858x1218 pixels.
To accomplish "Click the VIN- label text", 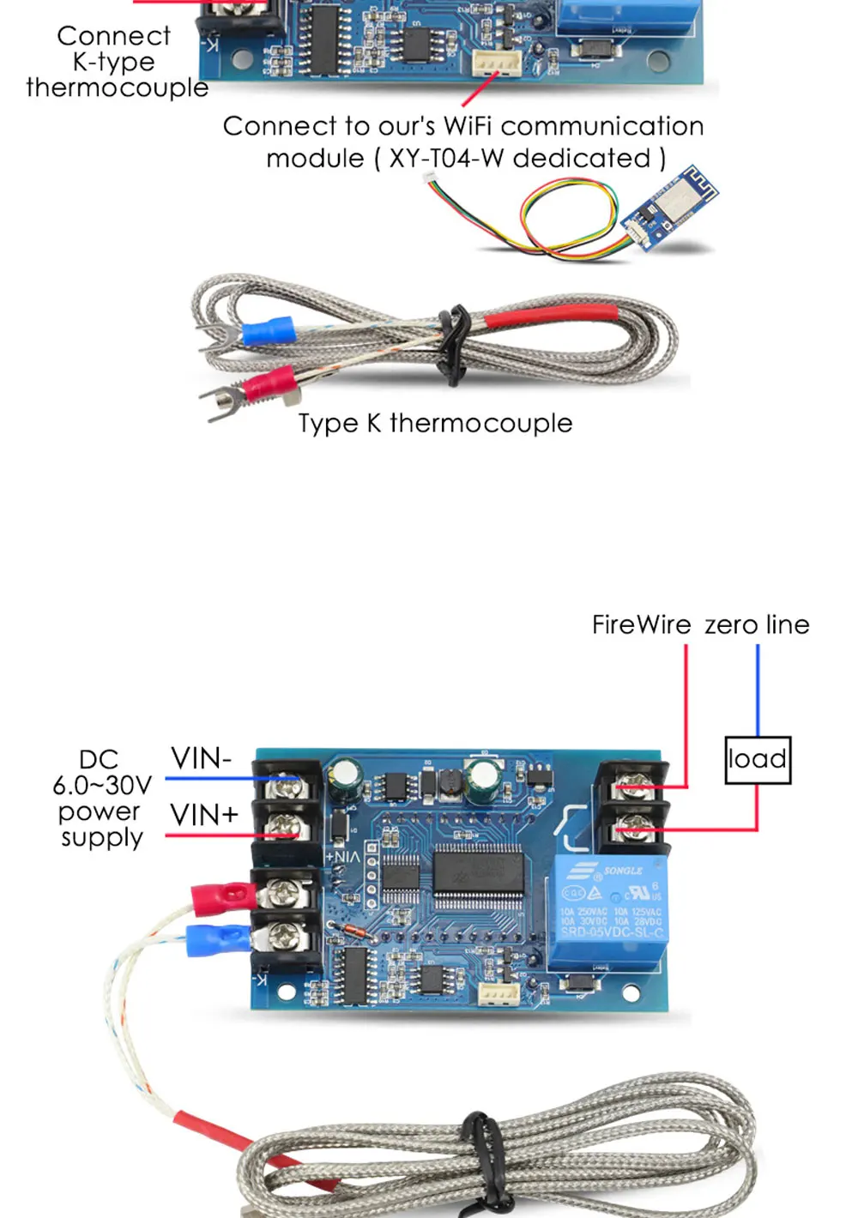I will click(201, 758).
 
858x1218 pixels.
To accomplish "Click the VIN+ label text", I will click(203, 814).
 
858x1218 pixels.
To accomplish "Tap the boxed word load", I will click(758, 759).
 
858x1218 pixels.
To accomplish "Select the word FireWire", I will click(641, 624).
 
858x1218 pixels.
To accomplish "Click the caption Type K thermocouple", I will click(435, 423).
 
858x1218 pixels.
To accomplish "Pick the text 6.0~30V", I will click(102, 785).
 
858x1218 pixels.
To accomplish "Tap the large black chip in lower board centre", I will click(477, 875).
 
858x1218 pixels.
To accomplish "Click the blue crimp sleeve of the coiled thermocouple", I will click(268, 330).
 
